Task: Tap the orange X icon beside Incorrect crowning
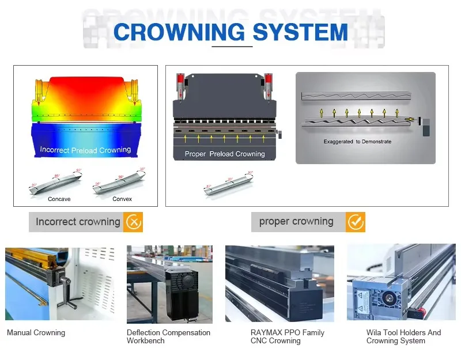click(133, 222)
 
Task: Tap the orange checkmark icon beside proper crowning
click(356, 222)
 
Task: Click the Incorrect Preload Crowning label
click(85, 150)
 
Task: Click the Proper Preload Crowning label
click(225, 154)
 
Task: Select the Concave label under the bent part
click(59, 199)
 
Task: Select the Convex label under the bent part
click(122, 199)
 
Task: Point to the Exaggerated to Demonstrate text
click(357, 142)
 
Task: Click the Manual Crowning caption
click(36, 333)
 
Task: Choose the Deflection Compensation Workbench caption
click(168, 336)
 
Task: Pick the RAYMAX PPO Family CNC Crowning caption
click(288, 336)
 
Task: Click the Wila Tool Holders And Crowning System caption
click(403, 336)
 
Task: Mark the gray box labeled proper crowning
click(297, 222)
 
